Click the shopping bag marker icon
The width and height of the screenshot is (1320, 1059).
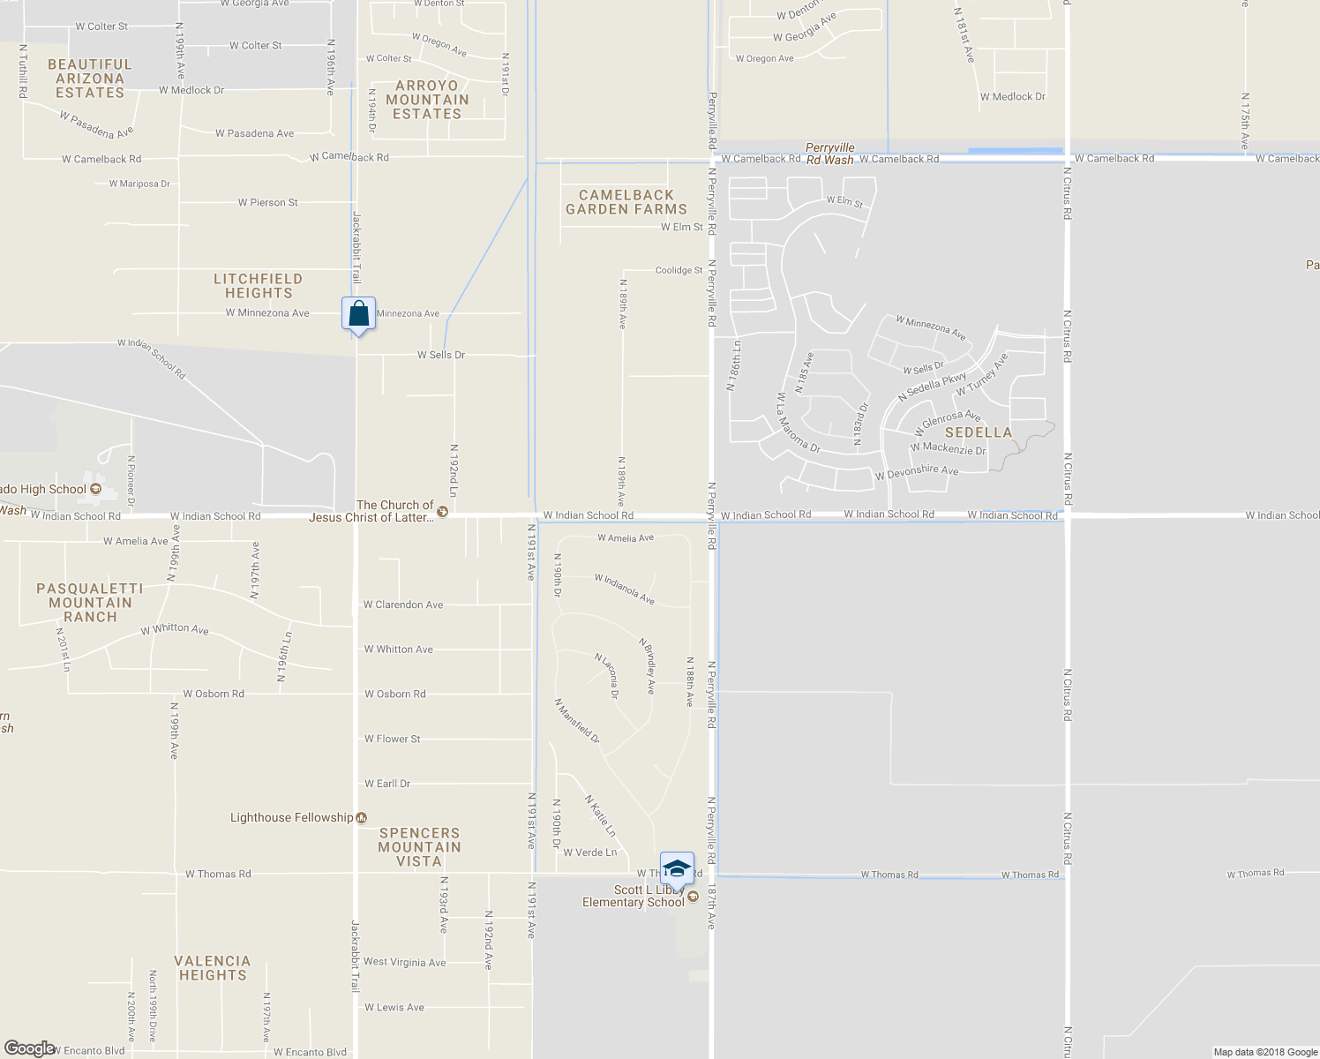coord(358,314)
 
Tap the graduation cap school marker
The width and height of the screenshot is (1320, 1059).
coord(677,868)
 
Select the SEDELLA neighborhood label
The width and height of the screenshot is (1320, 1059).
coord(979,432)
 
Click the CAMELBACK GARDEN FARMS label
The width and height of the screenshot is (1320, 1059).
coord(626,202)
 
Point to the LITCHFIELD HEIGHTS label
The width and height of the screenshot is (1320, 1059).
coord(258,286)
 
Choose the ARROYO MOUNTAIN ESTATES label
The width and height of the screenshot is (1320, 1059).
coord(427,100)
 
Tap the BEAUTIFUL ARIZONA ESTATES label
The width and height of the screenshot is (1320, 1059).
coord(90,79)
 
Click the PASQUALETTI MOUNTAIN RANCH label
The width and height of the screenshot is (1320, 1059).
coord(90,603)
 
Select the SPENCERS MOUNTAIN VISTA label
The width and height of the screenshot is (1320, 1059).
coord(419,847)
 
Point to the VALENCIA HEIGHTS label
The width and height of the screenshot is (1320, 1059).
coord(213,968)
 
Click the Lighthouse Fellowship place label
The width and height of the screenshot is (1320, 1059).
coord(292,818)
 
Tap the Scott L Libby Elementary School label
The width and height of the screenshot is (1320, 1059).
coord(634,896)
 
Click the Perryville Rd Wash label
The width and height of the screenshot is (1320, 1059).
coord(830,154)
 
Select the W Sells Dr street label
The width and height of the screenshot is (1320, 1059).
coord(441,355)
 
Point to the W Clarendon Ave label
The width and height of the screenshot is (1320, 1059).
coord(403,605)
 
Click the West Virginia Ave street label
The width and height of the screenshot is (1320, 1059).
coord(405,962)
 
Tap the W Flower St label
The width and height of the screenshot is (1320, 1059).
coord(393,739)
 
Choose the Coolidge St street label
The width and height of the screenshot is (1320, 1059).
coord(679,270)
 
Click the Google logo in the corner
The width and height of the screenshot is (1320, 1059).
coord(29,1048)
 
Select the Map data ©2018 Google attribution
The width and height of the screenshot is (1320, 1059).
coord(1265,1052)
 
